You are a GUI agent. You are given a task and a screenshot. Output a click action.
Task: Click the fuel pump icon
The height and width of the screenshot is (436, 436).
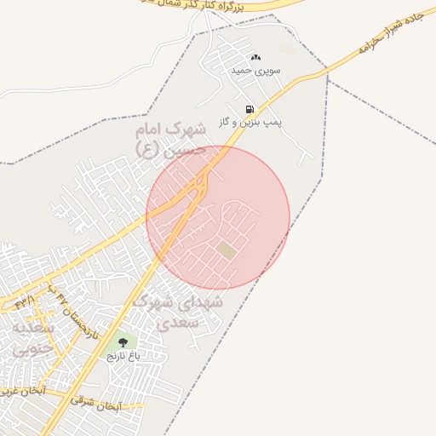[x=250, y=109]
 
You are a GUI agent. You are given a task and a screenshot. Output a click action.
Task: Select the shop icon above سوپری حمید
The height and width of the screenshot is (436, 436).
[x=255, y=57]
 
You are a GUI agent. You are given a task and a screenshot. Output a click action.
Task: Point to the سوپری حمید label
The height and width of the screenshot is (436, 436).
[x=254, y=70]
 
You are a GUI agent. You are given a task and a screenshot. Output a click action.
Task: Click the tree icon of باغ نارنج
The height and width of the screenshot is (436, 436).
[x=123, y=341]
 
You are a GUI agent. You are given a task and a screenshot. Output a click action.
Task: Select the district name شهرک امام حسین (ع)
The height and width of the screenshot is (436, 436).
[x=171, y=138]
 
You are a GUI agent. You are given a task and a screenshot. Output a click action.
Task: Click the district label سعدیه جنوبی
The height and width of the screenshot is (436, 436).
[x=32, y=337]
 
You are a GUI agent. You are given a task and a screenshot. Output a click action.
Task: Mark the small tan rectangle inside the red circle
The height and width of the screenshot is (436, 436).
[x=227, y=250]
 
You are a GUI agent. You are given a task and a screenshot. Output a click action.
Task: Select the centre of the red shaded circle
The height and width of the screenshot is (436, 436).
[x=218, y=217]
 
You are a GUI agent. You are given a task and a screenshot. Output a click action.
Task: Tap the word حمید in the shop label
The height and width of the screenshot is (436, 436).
[x=243, y=70]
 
